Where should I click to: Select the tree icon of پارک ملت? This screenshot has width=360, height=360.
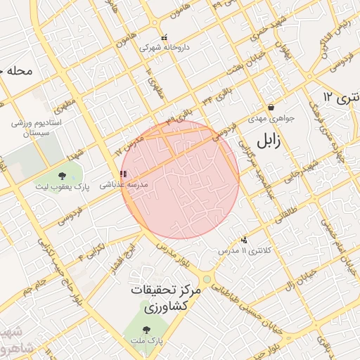pyautogui.click(x=146, y=329)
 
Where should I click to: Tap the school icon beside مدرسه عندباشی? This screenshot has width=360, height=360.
pyautogui.click(x=123, y=174)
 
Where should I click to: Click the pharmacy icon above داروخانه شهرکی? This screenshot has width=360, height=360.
pyautogui.click(x=164, y=38)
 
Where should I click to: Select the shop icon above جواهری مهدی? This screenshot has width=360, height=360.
pyautogui.click(x=271, y=108)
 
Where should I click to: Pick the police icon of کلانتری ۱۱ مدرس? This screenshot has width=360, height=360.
pyautogui.click(x=243, y=240)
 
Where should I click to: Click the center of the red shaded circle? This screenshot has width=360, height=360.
pyautogui.click(x=180, y=179)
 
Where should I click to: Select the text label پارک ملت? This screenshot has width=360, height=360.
pyautogui.click(x=146, y=340)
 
